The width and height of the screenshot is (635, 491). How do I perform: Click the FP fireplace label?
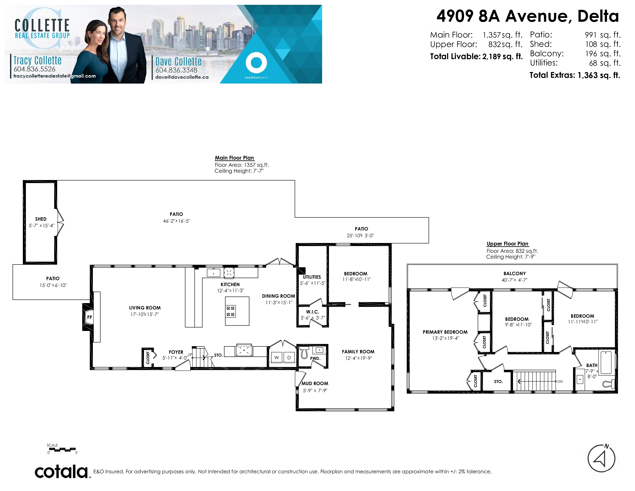tap(89, 317)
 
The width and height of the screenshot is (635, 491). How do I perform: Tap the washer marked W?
tap(277, 358)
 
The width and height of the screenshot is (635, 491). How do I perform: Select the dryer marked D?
tap(289, 358)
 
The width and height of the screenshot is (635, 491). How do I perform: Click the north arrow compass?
tap(602, 458)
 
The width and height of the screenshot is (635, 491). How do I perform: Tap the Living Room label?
tap(145, 308)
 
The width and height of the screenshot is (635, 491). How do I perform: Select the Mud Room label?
tap(315, 383)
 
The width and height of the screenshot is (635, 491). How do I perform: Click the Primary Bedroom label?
tap(445, 332)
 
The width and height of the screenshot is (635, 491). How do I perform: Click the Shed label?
tap(41, 219)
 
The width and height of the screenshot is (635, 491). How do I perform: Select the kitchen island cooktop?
tap(231, 311)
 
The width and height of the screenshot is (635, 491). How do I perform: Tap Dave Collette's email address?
tap(182, 77)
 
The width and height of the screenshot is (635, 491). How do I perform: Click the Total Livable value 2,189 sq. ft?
tap(502, 56)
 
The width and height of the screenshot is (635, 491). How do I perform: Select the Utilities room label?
tap(312, 277)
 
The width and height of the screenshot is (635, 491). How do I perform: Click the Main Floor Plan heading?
tap(234, 158)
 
